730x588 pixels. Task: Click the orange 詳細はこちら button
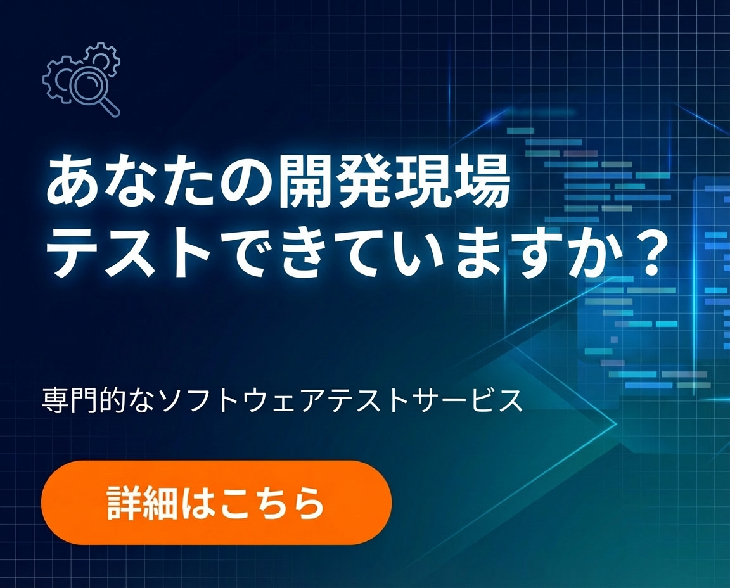(x=216, y=502)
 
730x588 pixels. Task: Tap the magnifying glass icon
(x=89, y=87)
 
